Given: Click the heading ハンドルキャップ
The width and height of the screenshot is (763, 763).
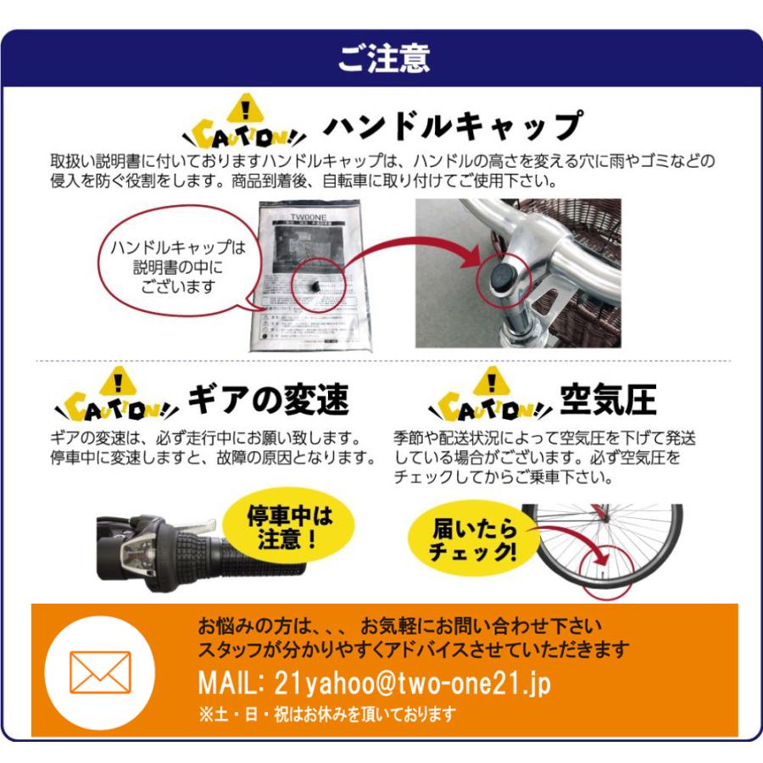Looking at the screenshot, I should (453, 127).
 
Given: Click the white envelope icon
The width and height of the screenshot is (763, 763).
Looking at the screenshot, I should (100, 672).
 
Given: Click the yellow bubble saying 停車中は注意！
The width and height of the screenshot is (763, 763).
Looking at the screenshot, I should (291, 527).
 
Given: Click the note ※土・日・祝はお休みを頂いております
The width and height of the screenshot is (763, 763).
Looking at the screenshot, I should (326, 714).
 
